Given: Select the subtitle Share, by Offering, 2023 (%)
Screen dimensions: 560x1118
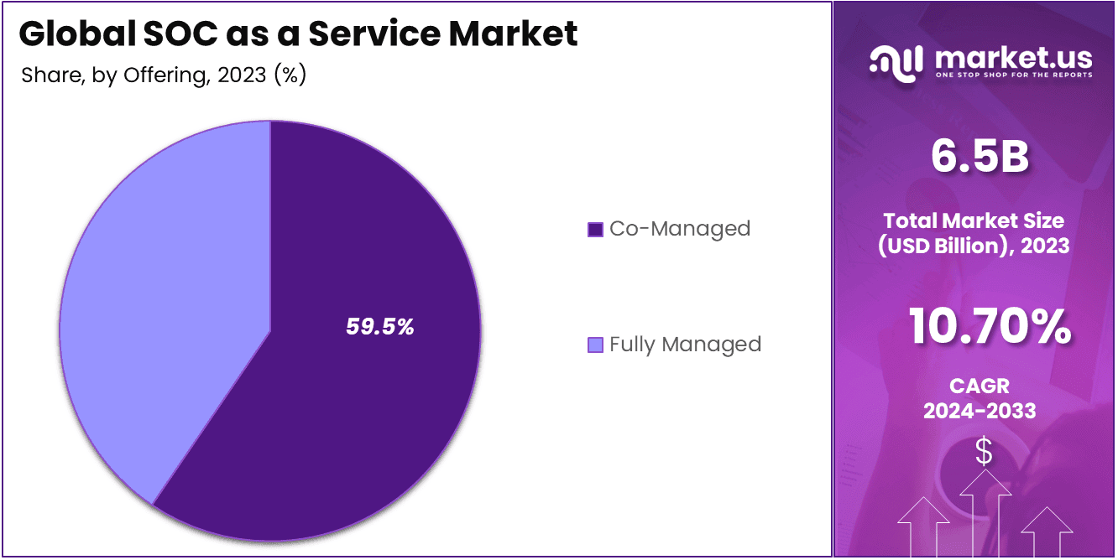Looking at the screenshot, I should coord(163,75).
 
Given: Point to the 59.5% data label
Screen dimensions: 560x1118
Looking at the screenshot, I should coord(380,327).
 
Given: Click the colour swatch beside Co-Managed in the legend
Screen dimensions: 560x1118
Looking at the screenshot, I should coord(595,229).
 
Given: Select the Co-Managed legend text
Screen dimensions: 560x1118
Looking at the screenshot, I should coord(680,228).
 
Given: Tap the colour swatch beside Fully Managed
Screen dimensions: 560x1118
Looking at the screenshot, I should coord(595,345).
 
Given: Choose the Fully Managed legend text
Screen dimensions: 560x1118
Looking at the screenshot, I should coord(685,345).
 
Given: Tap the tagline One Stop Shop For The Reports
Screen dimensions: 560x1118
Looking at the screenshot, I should coord(1012,75).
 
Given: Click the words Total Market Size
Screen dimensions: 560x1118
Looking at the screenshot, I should coord(974,221).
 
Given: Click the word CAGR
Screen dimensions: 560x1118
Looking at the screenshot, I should coord(980,386).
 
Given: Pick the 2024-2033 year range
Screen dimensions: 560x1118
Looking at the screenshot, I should coord(980,411).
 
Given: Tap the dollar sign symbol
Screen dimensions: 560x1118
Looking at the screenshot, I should coord(984,453).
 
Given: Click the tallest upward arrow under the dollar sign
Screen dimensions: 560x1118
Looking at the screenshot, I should coord(984,511).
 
